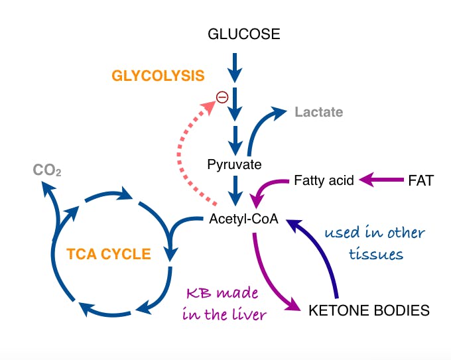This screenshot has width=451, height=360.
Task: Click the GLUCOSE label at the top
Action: (243, 34)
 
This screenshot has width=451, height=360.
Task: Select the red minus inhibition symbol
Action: (222, 97)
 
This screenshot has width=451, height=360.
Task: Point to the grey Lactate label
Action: (318, 112)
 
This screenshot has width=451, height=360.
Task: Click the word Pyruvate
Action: (234, 164)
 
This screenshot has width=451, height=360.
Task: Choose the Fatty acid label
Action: (324, 180)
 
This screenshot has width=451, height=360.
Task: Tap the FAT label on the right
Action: (420, 180)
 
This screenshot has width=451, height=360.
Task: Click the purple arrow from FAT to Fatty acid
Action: (382, 179)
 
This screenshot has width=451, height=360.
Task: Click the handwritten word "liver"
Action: (246, 314)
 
